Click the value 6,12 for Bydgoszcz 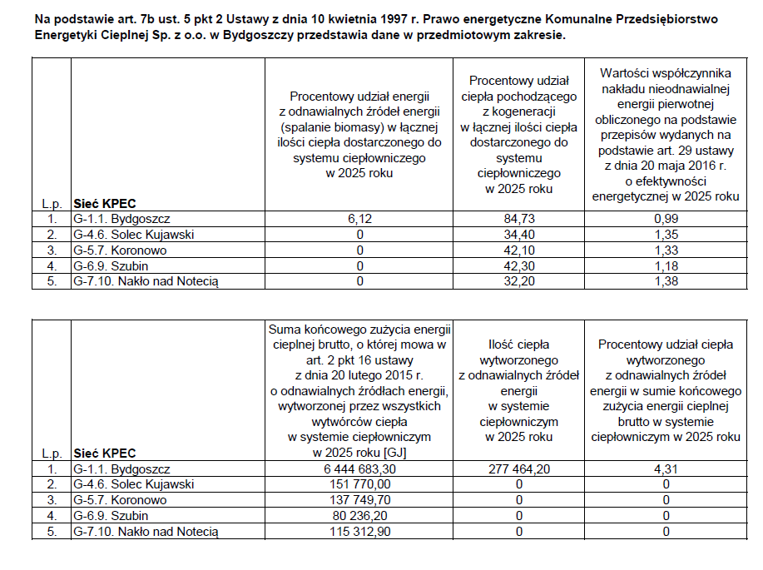359,219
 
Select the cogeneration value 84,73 518,219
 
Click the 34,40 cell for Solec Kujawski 518,235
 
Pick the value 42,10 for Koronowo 518,250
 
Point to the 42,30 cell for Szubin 518,266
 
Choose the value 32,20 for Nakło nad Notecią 518,281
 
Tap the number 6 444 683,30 359,469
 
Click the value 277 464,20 518,469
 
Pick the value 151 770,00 359,485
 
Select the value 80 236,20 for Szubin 359,516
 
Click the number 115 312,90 359,532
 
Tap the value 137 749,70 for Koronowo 359,500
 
